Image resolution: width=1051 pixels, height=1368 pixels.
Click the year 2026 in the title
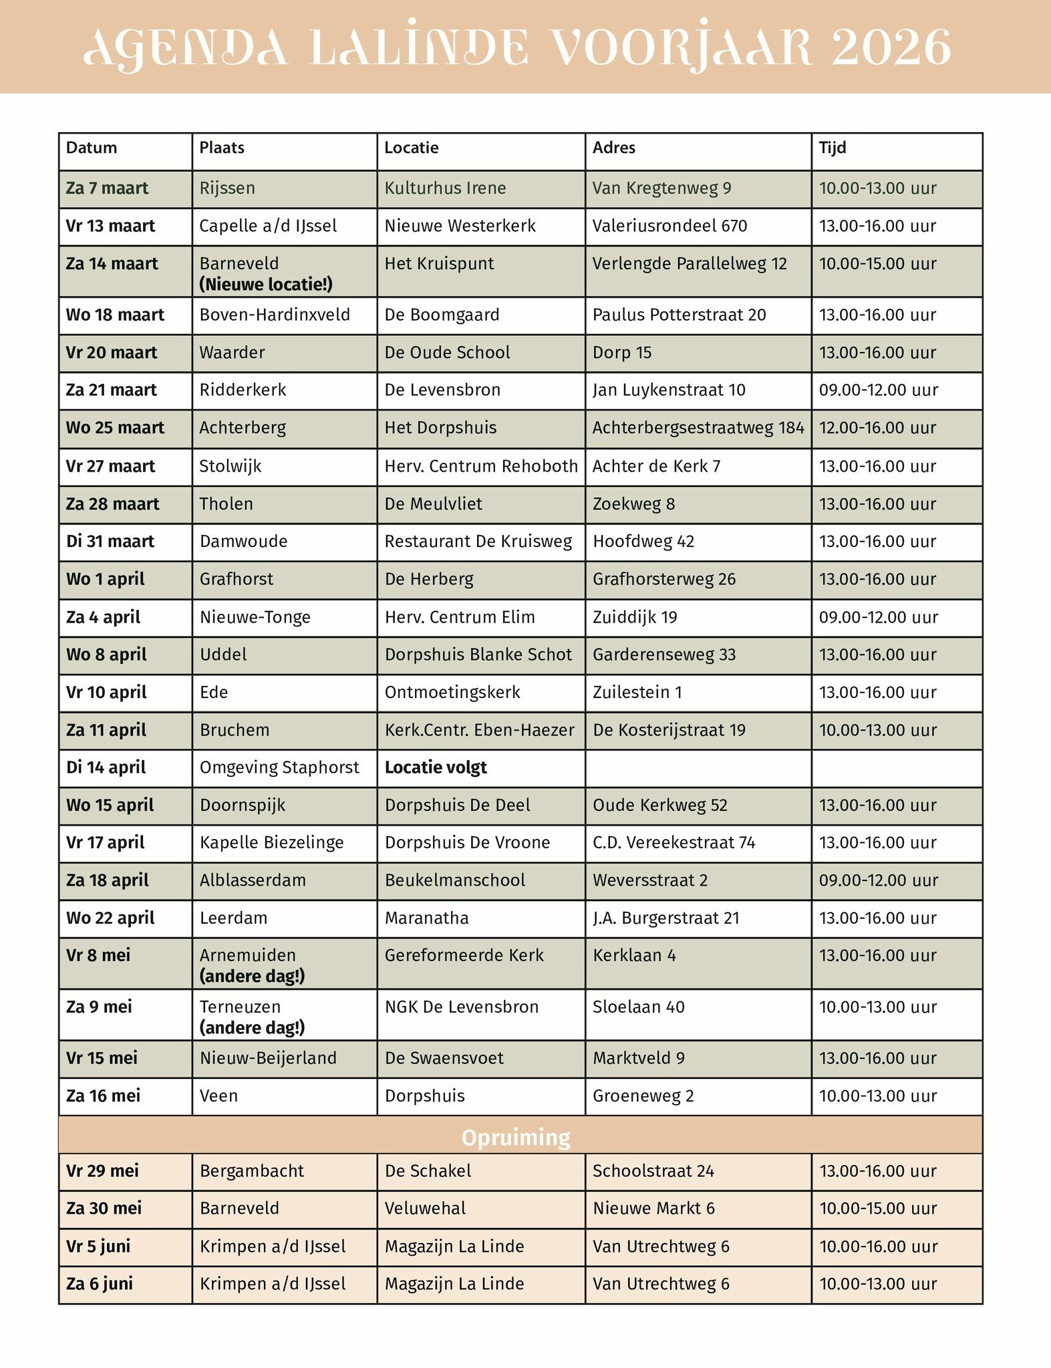pyautogui.click(x=891, y=48)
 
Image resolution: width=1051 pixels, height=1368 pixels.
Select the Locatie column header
pyautogui.click(x=411, y=148)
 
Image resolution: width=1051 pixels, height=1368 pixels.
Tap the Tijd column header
pyautogui.click(x=832, y=148)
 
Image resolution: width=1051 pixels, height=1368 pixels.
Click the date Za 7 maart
pyautogui.click(x=107, y=188)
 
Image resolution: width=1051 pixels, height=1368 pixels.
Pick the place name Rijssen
pyautogui.click(x=227, y=188)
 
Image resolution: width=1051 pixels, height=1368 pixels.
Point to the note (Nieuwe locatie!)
pyautogui.click(x=265, y=285)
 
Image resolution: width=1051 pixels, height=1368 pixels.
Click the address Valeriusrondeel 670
pyautogui.click(x=669, y=226)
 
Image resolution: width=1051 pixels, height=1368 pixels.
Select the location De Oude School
pyautogui.click(x=447, y=353)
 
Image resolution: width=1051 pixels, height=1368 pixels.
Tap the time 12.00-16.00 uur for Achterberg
pyautogui.click(x=877, y=428)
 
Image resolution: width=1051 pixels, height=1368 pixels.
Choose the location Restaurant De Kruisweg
pyautogui.click(x=478, y=542)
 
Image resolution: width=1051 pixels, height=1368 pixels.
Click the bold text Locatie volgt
pyautogui.click(x=436, y=767)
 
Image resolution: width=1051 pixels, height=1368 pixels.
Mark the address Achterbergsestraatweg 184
pyautogui.click(x=698, y=428)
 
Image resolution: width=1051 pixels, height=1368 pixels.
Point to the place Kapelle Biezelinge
pyautogui.click(x=271, y=843)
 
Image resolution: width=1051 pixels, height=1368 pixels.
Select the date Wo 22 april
pyautogui.click(x=110, y=918)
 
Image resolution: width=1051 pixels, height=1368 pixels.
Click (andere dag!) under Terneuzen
pyautogui.click(x=252, y=1028)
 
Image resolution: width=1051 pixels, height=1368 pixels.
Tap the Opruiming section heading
pyautogui.click(x=516, y=1138)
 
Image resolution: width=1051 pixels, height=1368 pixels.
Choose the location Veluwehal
pyautogui.click(x=425, y=1208)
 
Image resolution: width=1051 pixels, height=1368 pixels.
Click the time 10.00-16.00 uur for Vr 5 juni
pyautogui.click(x=877, y=1246)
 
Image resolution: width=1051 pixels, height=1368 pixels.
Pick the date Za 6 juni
pyautogui.click(x=100, y=1284)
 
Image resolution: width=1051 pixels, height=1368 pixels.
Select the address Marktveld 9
pyautogui.click(x=638, y=1058)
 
